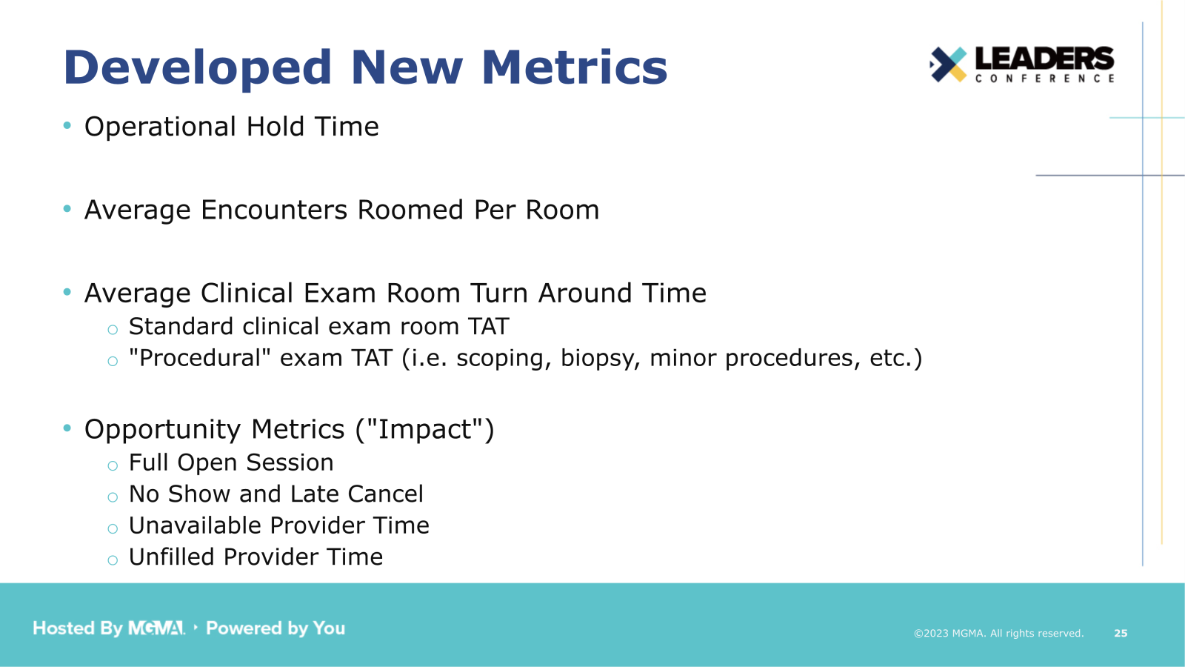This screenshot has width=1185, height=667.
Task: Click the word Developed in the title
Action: pyautogui.click(x=198, y=67)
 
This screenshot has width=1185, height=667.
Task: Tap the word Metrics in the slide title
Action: pyautogui.click(x=574, y=67)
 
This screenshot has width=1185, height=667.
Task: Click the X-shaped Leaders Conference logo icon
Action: pyautogui.click(x=949, y=64)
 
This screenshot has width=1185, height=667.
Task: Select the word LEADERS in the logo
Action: pyautogui.click(x=1044, y=59)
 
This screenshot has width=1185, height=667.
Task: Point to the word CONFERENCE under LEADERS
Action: pyautogui.click(x=1044, y=79)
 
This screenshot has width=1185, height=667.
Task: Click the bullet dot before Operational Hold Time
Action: pyautogui.click(x=67, y=126)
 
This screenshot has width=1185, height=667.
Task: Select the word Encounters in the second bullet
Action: pyautogui.click(x=273, y=210)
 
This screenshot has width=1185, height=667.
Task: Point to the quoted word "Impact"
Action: pyautogui.click(x=425, y=430)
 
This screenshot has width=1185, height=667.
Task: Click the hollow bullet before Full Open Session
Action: pyautogui.click(x=113, y=466)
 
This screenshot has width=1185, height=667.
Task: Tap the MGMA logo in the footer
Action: pyautogui.click(x=156, y=628)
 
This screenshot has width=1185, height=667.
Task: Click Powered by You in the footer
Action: pyautogui.click(x=276, y=628)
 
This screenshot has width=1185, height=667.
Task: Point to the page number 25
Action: pyautogui.click(x=1121, y=633)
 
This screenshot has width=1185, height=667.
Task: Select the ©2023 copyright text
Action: pyautogui.click(x=998, y=633)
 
